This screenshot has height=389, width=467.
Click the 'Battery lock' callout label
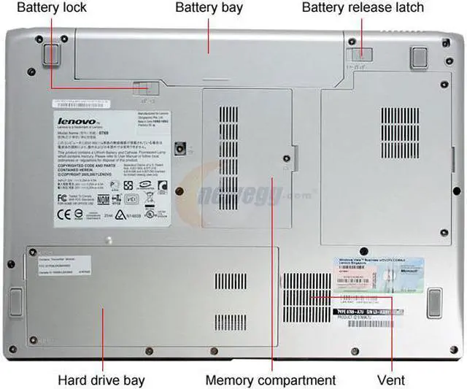coord(51,8)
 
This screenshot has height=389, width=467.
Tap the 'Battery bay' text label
coord(208,8)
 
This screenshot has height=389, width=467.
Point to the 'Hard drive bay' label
coord(101,380)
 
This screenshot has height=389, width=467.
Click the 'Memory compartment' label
coord(271,380)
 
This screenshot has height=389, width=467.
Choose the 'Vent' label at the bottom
coord(392,380)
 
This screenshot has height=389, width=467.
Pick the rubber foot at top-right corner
coord(419,55)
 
